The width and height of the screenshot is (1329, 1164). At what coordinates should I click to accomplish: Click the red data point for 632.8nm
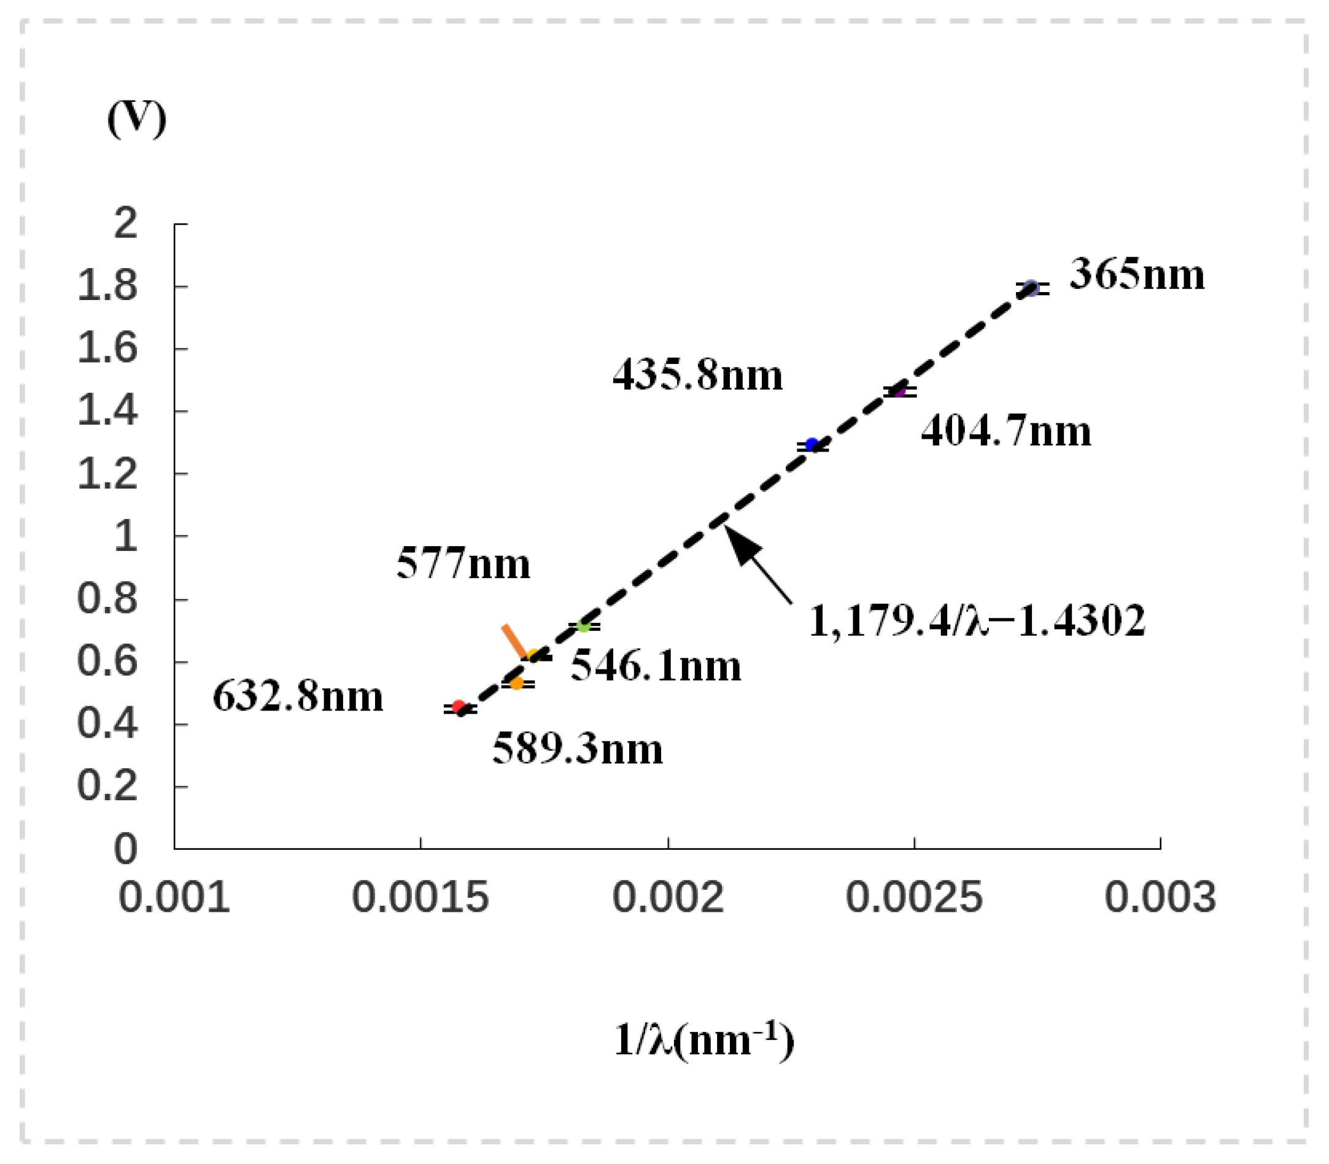click(x=459, y=707)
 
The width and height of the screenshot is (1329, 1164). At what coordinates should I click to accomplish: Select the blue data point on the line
click(x=812, y=445)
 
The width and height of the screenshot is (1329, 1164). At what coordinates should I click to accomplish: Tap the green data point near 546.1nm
click(x=584, y=625)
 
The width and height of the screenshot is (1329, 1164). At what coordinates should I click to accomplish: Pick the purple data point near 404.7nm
click(x=899, y=391)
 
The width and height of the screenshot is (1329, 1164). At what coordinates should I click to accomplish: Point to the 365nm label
click(x=1137, y=274)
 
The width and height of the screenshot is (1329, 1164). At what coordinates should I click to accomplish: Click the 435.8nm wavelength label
click(x=697, y=376)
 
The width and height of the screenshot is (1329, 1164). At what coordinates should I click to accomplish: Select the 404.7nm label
click(x=1005, y=431)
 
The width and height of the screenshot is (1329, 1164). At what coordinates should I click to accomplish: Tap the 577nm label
click(x=463, y=563)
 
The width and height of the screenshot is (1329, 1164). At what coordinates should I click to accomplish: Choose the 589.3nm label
click(x=577, y=749)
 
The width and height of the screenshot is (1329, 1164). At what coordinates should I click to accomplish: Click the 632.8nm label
click(x=298, y=697)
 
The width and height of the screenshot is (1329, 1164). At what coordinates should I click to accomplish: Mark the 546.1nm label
click(x=655, y=666)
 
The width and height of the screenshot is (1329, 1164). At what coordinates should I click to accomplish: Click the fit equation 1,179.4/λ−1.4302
click(x=977, y=621)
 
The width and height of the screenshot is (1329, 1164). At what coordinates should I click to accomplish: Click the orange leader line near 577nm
click(x=514, y=642)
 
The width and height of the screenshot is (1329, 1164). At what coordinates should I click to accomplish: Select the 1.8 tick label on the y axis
click(x=108, y=287)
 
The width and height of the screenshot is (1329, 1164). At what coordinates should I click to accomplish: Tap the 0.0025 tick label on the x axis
click(x=914, y=898)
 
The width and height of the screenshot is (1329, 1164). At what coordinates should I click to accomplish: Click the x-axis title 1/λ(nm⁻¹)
click(x=704, y=1040)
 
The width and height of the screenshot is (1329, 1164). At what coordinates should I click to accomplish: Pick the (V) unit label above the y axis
click(x=136, y=119)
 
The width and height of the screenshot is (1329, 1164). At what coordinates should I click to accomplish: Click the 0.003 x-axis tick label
click(x=1160, y=898)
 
